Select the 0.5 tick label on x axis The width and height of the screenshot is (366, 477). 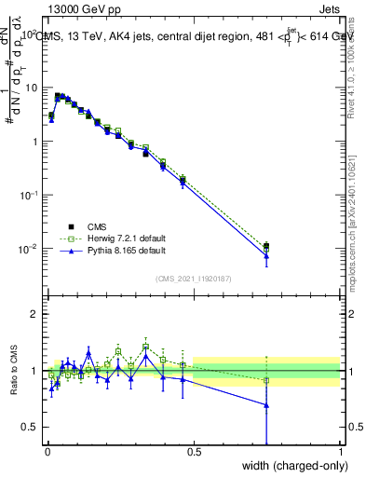194,455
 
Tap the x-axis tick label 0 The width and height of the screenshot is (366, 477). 47,455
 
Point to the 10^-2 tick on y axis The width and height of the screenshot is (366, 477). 29,249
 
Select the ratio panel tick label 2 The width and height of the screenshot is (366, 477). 34,314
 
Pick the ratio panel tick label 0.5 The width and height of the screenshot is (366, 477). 30,427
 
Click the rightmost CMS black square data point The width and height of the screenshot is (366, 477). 266,246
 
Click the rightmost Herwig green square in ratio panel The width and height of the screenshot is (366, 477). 266,380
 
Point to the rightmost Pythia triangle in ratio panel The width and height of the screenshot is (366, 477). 266,405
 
